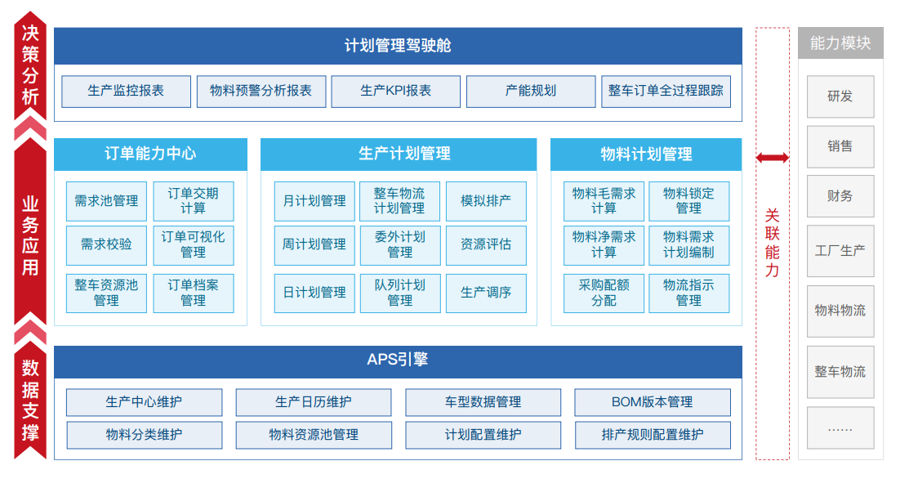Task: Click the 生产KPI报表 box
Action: (x=395, y=92)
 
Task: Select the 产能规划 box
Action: (x=531, y=92)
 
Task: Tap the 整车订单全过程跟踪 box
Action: (x=666, y=92)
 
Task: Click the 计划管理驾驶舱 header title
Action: (x=398, y=46)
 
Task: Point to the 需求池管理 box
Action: (x=106, y=201)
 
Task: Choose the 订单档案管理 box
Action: (x=194, y=293)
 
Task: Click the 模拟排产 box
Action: (x=486, y=201)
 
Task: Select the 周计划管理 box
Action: (x=314, y=245)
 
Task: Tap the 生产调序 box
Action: (x=486, y=293)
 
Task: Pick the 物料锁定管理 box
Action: (x=688, y=201)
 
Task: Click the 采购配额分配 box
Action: (x=604, y=293)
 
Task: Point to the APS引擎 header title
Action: (x=398, y=360)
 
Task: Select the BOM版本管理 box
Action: (x=653, y=403)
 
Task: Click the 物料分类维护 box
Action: (x=144, y=436)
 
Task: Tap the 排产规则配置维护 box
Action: (x=653, y=436)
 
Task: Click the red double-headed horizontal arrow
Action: (x=773, y=158)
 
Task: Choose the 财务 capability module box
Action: (x=840, y=196)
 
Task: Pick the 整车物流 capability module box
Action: (x=840, y=372)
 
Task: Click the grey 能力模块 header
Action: (x=840, y=43)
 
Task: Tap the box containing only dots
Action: (x=840, y=428)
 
